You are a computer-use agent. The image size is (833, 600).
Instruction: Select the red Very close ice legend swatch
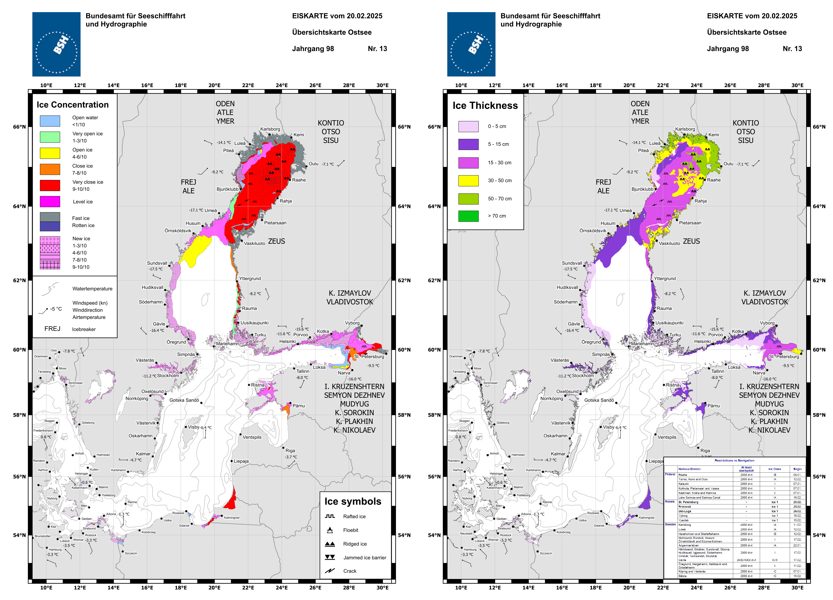point(50,185)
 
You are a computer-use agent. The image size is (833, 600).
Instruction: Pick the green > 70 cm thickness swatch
point(468,216)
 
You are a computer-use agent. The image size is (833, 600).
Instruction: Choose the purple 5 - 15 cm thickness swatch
point(468,144)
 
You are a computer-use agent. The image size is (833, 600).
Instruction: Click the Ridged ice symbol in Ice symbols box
point(330,544)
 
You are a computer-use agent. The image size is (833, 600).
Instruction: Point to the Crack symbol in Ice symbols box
point(330,571)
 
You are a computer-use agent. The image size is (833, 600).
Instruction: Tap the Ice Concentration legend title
point(73,105)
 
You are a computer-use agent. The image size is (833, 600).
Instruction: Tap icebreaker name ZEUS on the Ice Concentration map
point(277,241)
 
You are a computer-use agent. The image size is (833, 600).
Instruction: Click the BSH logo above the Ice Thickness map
point(471,44)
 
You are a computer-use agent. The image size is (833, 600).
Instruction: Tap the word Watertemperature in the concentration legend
point(92,289)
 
